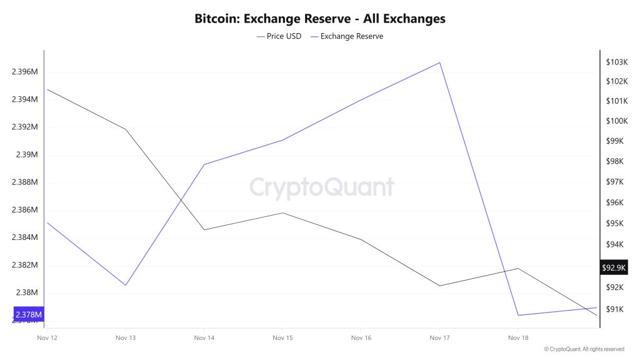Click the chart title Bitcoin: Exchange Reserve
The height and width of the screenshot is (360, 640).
coord(320,18)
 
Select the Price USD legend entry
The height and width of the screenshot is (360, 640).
coord(279,36)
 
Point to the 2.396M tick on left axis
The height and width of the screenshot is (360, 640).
coord(25,72)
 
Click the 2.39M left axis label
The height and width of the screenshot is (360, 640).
coord(28,155)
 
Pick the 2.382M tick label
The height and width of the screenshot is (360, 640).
coord(25,265)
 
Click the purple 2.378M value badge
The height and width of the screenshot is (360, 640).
coord(29,314)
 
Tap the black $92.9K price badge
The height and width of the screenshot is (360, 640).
coord(613,267)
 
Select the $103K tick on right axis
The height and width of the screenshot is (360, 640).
coord(616,62)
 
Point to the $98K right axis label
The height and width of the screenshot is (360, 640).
coord(616,161)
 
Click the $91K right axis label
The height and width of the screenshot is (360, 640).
coord(616,309)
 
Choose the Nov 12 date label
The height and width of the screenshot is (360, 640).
coord(47,337)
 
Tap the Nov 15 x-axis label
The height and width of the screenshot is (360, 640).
coord(282,337)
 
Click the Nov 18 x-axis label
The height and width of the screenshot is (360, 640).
coord(518,337)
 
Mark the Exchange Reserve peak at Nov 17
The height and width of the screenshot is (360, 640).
coord(440,62)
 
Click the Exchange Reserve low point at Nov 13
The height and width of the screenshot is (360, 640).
coord(126,286)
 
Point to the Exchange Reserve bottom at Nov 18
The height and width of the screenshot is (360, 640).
coord(518,315)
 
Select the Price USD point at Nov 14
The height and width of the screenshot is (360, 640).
coord(204,229)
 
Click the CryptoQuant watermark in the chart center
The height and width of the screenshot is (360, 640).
coord(322,187)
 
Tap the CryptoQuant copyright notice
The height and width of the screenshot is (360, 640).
coord(584,349)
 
